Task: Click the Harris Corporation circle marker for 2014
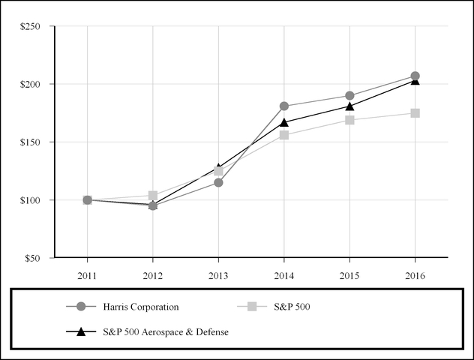[284, 106]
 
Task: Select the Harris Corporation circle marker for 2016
[415, 76]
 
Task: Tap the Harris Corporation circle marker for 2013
[218, 182]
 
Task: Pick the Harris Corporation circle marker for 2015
[349, 95]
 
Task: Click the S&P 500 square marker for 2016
[415, 113]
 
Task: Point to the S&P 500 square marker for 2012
[153, 195]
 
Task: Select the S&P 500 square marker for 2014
[284, 135]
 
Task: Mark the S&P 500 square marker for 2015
[349, 120]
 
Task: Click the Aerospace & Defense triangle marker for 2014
[284, 121]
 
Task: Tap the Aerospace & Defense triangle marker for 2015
[349, 106]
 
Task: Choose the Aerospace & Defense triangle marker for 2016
[415, 80]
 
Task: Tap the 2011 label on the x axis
[87, 274]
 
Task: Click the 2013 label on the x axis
[218, 274]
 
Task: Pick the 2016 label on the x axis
[415, 274]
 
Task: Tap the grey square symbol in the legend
[252, 306]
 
